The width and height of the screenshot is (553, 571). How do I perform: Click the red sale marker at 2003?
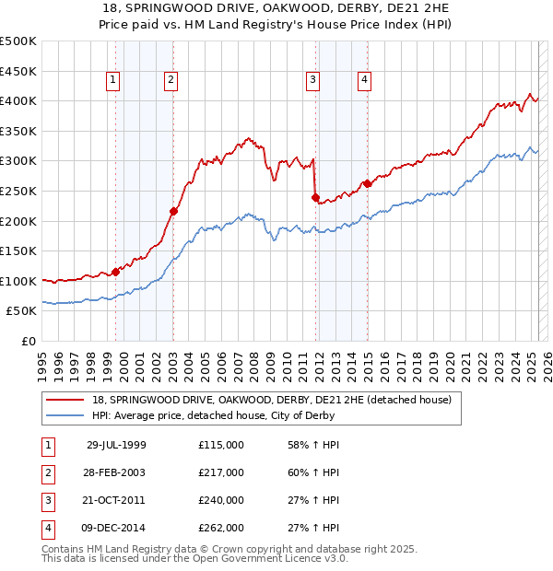click(x=173, y=211)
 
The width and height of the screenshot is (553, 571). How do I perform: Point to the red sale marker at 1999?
click(x=116, y=272)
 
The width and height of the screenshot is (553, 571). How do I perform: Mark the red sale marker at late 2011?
click(x=315, y=197)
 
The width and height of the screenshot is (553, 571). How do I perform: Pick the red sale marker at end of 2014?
click(x=367, y=183)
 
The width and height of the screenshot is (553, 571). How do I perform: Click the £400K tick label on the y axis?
click(x=18, y=100)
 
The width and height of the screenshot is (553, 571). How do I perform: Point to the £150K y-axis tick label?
click(x=18, y=251)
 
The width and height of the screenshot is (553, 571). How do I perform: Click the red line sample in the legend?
click(x=65, y=400)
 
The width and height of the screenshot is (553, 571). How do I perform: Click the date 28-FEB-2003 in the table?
click(x=115, y=472)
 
